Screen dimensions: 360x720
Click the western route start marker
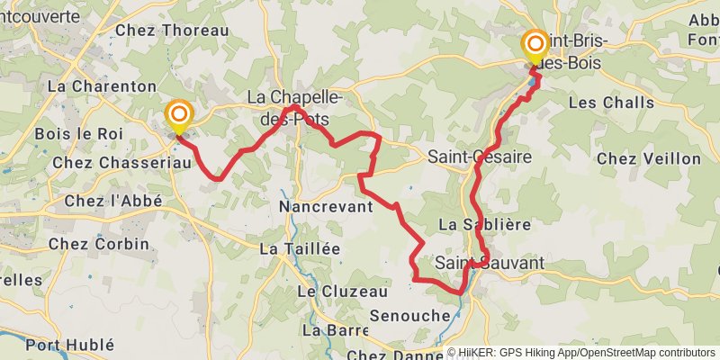[x=179, y=114]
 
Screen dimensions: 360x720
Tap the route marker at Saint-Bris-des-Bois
[x=535, y=43]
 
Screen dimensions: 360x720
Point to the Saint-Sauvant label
[x=490, y=263]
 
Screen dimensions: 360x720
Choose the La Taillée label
[x=300, y=248]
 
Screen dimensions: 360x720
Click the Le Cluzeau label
[x=342, y=292]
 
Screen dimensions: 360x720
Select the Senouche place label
[x=409, y=316]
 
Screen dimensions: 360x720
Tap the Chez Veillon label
[x=648, y=158]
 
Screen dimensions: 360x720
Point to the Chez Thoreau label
[x=172, y=31]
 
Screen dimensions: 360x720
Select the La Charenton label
[x=102, y=86]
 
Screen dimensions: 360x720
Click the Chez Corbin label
[x=93, y=244]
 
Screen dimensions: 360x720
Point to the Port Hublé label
[x=70, y=344]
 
